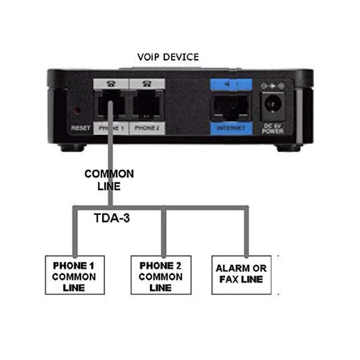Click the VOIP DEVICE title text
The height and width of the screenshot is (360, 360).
pyautogui.click(x=167, y=57)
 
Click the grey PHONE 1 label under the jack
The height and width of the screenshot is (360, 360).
pyautogui.click(x=109, y=128)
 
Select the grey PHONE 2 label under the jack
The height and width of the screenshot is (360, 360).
pyautogui.click(x=146, y=128)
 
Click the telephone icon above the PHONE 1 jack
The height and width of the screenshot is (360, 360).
pyautogui.click(x=109, y=85)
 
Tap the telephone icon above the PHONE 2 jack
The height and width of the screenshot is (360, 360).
pyautogui.click(x=146, y=85)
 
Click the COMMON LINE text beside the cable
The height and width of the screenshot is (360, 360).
pyautogui.click(x=109, y=180)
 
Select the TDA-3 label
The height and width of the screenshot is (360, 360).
pyautogui.click(x=113, y=219)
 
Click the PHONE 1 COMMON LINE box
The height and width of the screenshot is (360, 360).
pyautogui.click(x=74, y=275)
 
